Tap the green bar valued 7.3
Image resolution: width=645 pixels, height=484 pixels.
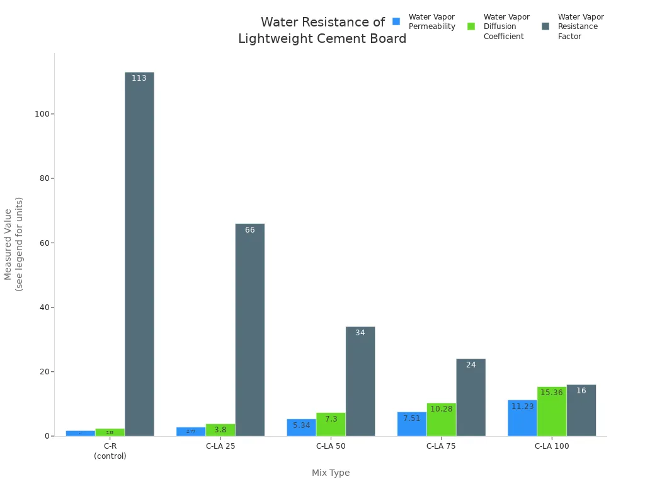[x=331, y=424]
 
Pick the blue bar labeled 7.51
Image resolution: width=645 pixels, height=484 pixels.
[x=412, y=424]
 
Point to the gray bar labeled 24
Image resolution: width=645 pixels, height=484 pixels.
[x=471, y=397]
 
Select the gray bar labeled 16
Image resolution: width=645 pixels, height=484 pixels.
[x=581, y=410]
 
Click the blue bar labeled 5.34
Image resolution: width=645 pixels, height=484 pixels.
[x=301, y=427]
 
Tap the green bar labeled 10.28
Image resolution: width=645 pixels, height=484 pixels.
[x=442, y=420]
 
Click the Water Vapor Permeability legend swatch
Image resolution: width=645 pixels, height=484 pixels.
[x=396, y=21]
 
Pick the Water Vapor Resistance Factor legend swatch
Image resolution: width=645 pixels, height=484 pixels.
[x=545, y=26]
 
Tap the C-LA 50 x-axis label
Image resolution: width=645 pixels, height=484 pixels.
[x=331, y=446]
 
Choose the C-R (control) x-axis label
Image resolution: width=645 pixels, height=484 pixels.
[x=110, y=451]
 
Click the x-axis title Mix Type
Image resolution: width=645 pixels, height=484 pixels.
[x=331, y=473]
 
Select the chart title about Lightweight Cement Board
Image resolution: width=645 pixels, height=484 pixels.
[x=322, y=30]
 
